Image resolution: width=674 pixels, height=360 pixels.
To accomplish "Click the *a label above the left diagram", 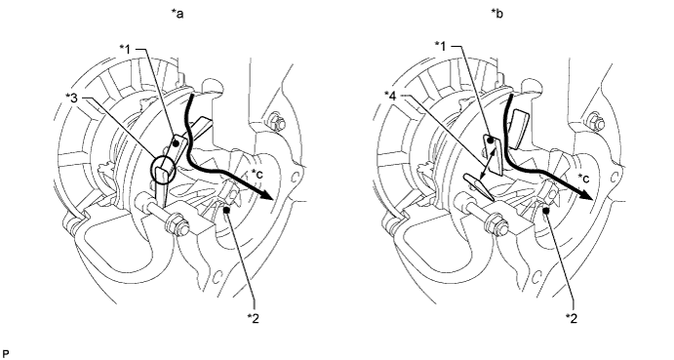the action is tap(178, 15).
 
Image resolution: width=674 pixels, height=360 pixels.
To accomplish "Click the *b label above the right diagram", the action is tap(497, 15).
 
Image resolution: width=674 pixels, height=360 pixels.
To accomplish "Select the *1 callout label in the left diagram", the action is tap(125, 50).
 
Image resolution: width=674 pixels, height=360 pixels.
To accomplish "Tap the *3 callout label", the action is tap(71, 99).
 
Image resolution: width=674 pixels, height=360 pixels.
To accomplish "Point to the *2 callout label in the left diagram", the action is tap(254, 318).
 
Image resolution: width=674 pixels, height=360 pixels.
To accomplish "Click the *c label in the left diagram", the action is tap(258, 175).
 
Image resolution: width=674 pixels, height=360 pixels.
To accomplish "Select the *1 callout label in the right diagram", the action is tap(441, 45).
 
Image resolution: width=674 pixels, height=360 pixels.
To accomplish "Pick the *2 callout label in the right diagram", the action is tap(572, 318).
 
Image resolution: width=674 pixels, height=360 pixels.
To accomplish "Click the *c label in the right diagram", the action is tap(583, 178).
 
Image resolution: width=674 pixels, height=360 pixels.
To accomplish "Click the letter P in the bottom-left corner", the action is tap(5, 354).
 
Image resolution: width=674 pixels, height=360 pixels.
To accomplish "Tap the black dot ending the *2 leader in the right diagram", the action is tap(546, 211).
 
